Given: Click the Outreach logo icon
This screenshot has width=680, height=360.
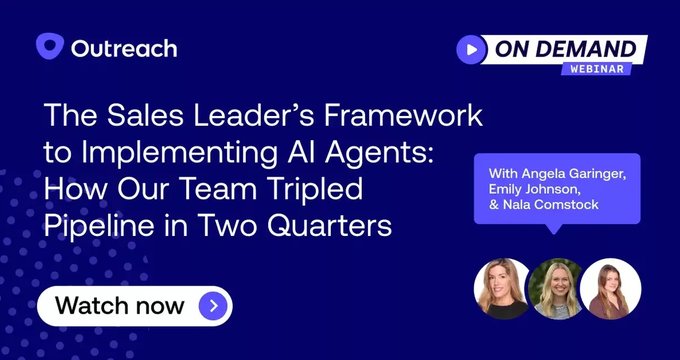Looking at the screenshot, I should pyautogui.click(x=50, y=47).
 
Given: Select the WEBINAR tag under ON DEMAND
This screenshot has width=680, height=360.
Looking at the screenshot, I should pyautogui.click(x=597, y=70).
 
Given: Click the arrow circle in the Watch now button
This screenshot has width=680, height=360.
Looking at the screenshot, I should pyautogui.click(x=213, y=305).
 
